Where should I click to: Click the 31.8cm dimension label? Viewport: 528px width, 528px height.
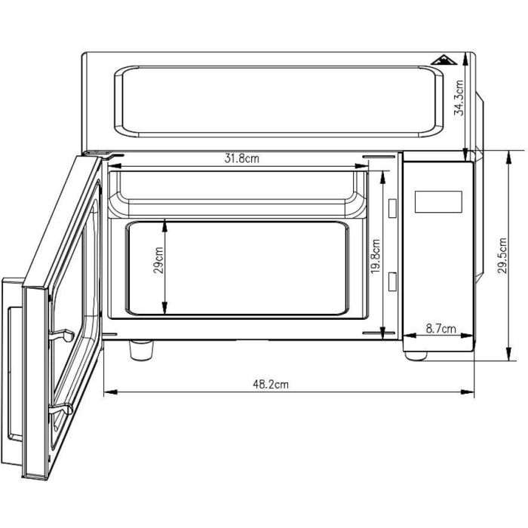point(242,158)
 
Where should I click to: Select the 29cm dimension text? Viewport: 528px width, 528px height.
point(158,260)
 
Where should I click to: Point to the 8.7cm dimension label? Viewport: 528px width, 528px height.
point(441,328)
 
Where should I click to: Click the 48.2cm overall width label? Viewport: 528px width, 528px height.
point(271,384)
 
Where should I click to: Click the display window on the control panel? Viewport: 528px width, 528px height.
point(437,201)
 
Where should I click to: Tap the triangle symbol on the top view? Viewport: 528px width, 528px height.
point(441,63)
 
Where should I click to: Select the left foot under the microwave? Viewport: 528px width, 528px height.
point(140,350)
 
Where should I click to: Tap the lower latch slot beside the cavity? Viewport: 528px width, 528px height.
point(391,281)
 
